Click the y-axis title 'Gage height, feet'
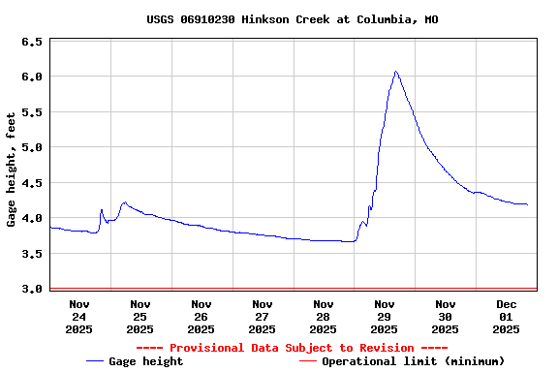[12, 169]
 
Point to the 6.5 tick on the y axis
[32, 43]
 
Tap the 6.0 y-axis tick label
[32, 77]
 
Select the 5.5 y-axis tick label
[32, 112]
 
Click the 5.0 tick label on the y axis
[32, 148]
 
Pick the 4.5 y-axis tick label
[32, 183]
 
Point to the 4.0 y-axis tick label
[32, 219]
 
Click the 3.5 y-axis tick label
[32, 254]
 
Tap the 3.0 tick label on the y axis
[32, 289]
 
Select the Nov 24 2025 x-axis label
[79, 316]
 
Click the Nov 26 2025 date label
[201, 316]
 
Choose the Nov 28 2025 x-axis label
[324, 316]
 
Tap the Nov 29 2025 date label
[385, 316]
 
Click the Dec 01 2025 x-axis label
[507, 316]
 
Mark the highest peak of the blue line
[395, 72]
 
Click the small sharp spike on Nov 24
[101, 209]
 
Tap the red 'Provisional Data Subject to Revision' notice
[292, 348]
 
